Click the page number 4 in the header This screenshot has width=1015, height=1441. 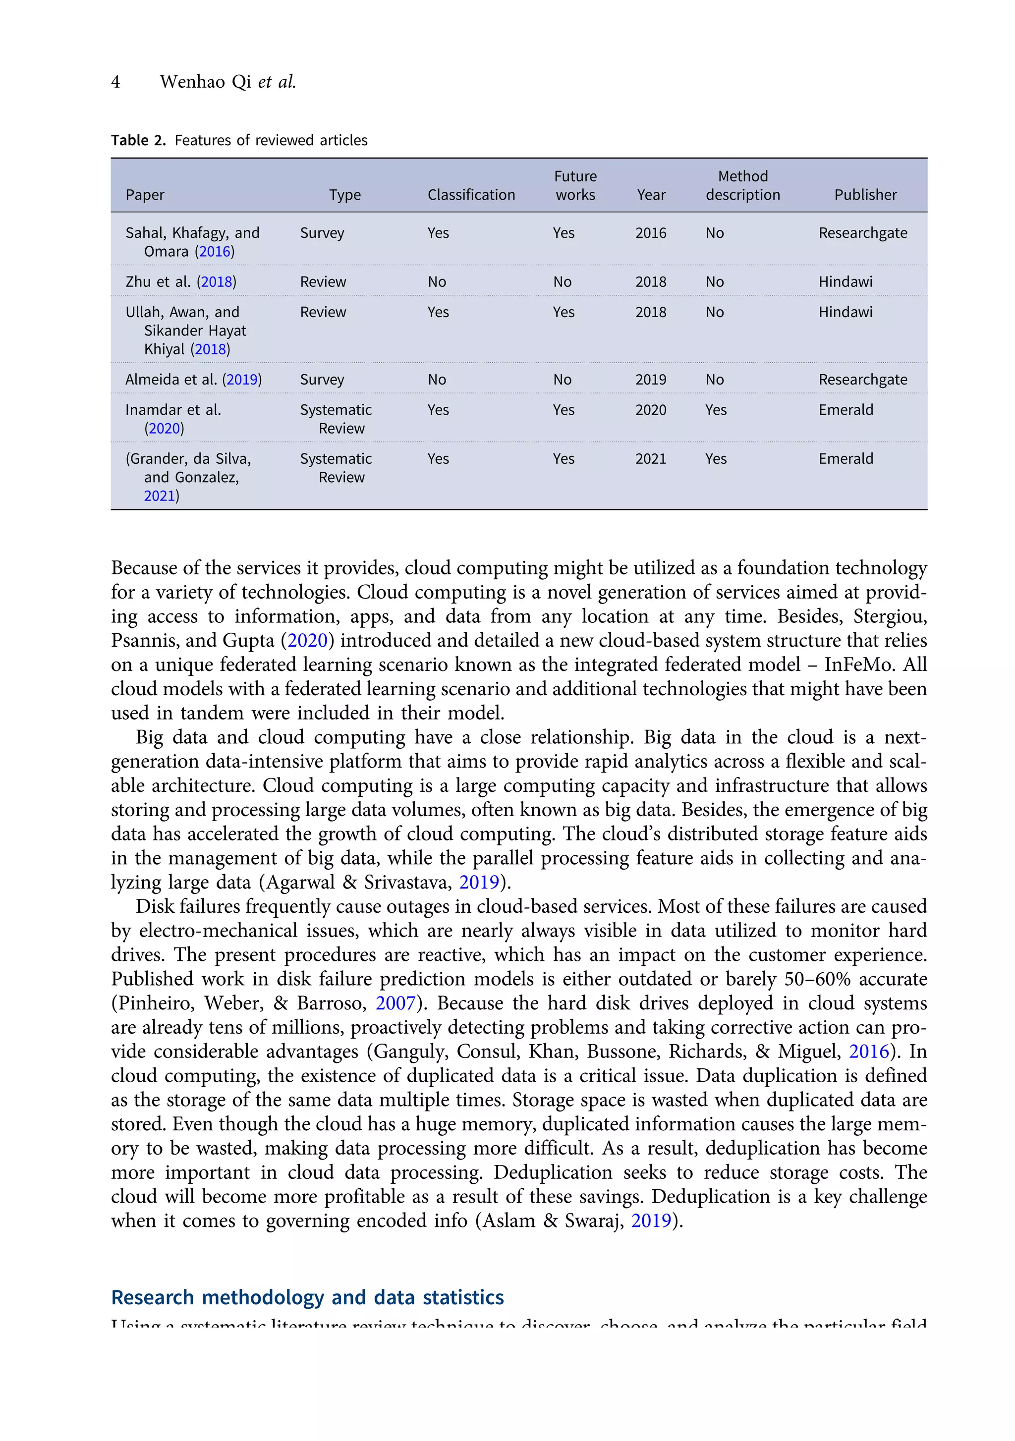115,82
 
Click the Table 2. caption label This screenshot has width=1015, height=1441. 138,140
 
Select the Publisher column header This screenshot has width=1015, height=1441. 864,195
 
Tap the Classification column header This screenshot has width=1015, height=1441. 471,195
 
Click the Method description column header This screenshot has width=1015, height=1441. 742,186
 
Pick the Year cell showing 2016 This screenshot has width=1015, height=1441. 650,233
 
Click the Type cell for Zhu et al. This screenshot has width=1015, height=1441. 323,282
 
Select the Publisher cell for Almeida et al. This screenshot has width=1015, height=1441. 862,380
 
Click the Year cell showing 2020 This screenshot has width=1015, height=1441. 650,410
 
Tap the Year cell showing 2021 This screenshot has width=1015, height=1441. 650,459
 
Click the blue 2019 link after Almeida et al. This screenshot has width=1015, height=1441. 242,380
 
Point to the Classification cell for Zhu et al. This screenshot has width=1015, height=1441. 437,282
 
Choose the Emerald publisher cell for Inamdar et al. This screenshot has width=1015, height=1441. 846,410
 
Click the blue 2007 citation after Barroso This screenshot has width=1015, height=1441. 395,1003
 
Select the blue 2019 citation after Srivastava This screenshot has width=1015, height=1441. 479,883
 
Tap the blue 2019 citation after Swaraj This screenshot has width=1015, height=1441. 650,1220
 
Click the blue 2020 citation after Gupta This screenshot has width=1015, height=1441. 308,641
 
